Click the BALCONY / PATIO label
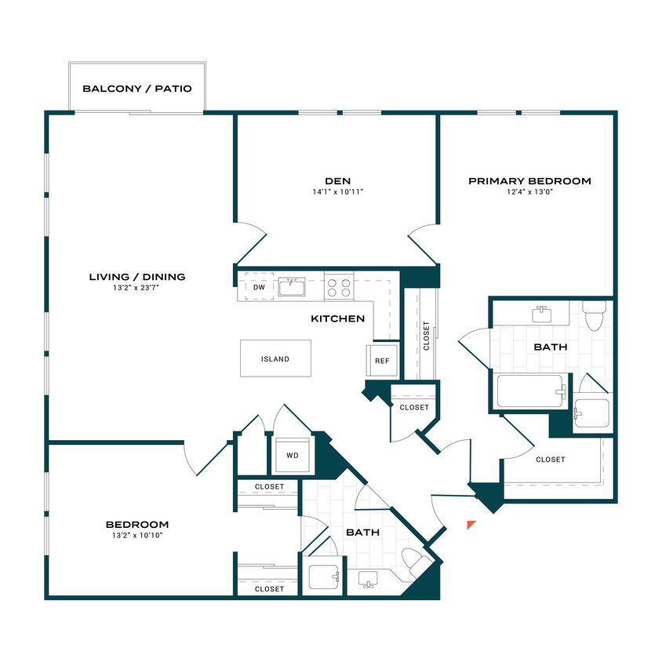[137, 89]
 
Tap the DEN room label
[336, 180]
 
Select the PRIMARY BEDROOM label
[529, 181]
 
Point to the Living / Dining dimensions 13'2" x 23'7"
[136, 288]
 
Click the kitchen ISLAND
[275, 359]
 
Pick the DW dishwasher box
[258, 287]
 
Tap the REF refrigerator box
[382, 361]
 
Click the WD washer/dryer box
[292, 456]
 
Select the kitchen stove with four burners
[339, 286]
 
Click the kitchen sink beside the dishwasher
[293, 287]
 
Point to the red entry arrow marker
[471, 526]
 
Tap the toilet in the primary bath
[595, 316]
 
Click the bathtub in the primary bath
[531, 390]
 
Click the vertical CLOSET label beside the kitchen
[427, 336]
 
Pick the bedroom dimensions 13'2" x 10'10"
[137, 536]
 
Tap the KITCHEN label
[337, 319]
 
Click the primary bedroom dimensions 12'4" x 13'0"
[529, 191]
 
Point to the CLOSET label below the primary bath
[550, 460]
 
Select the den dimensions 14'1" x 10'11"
[336, 191]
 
